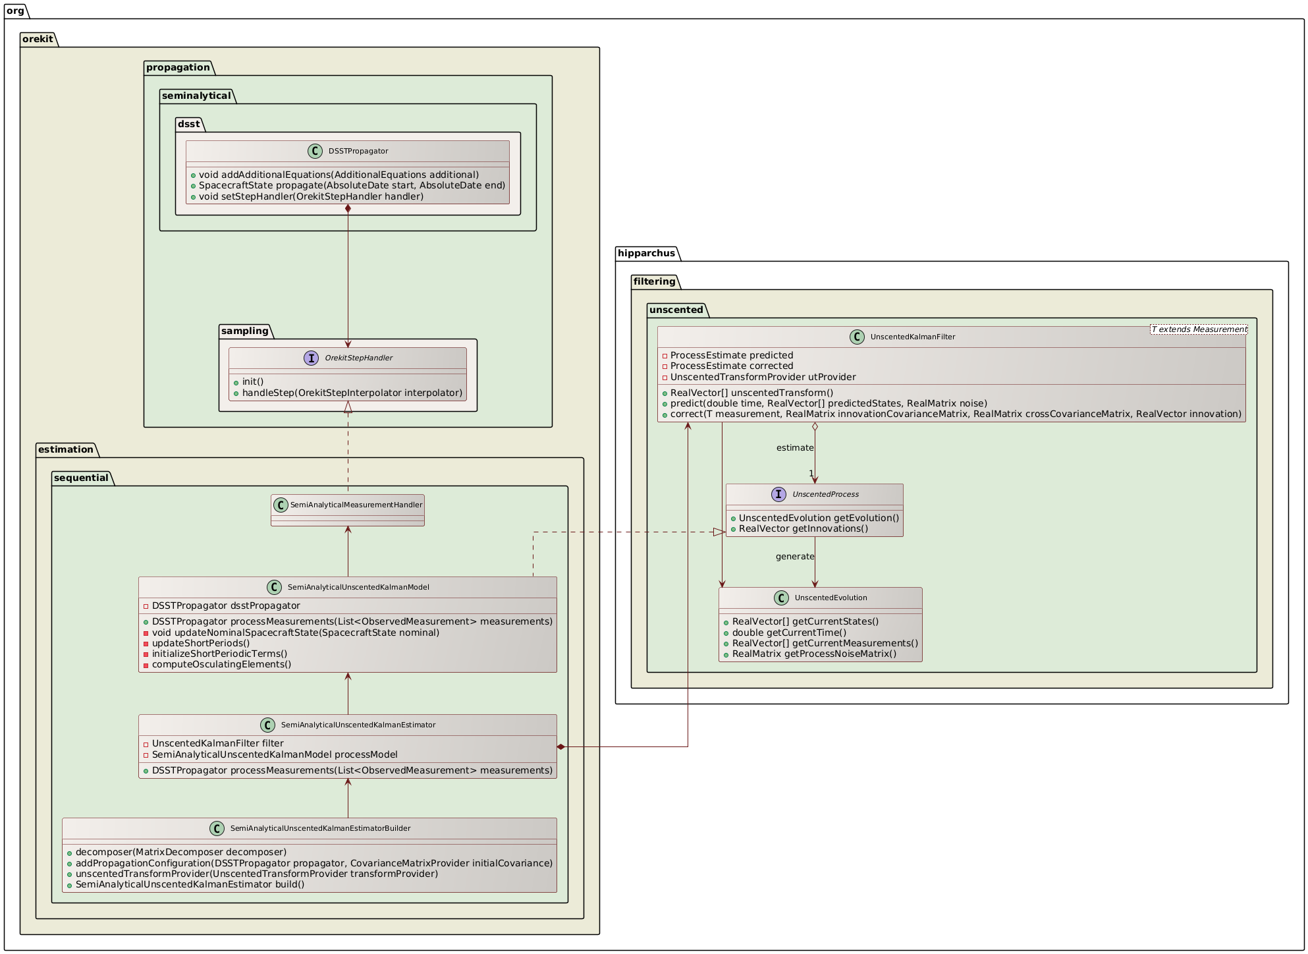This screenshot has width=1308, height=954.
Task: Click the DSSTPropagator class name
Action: (x=358, y=151)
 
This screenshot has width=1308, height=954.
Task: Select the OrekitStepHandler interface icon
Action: (x=312, y=358)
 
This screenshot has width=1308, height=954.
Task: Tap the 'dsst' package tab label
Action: (x=188, y=124)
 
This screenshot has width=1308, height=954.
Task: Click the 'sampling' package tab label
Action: (x=244, y=331)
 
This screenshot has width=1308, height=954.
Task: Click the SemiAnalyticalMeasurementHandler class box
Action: (x=348, y=510)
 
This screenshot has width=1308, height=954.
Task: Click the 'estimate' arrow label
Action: (x=794, y=448)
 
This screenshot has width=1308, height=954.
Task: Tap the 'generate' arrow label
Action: (x=794, y=557)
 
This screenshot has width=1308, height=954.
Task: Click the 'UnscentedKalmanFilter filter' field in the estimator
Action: (x=217, y=743)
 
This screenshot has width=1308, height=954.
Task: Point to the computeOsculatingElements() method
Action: (x=221, y=664)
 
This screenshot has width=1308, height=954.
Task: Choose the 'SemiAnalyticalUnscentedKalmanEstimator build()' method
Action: (x=190, y=884)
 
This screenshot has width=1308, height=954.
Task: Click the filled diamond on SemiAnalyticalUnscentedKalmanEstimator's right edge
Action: (x=561, y=746)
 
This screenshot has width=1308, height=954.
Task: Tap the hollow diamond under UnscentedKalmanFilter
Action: (x=815, y=427)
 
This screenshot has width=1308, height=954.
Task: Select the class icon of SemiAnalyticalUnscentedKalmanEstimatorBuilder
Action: (x=217, y=828)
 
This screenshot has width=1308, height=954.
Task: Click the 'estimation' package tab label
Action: (x=66, y=449)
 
